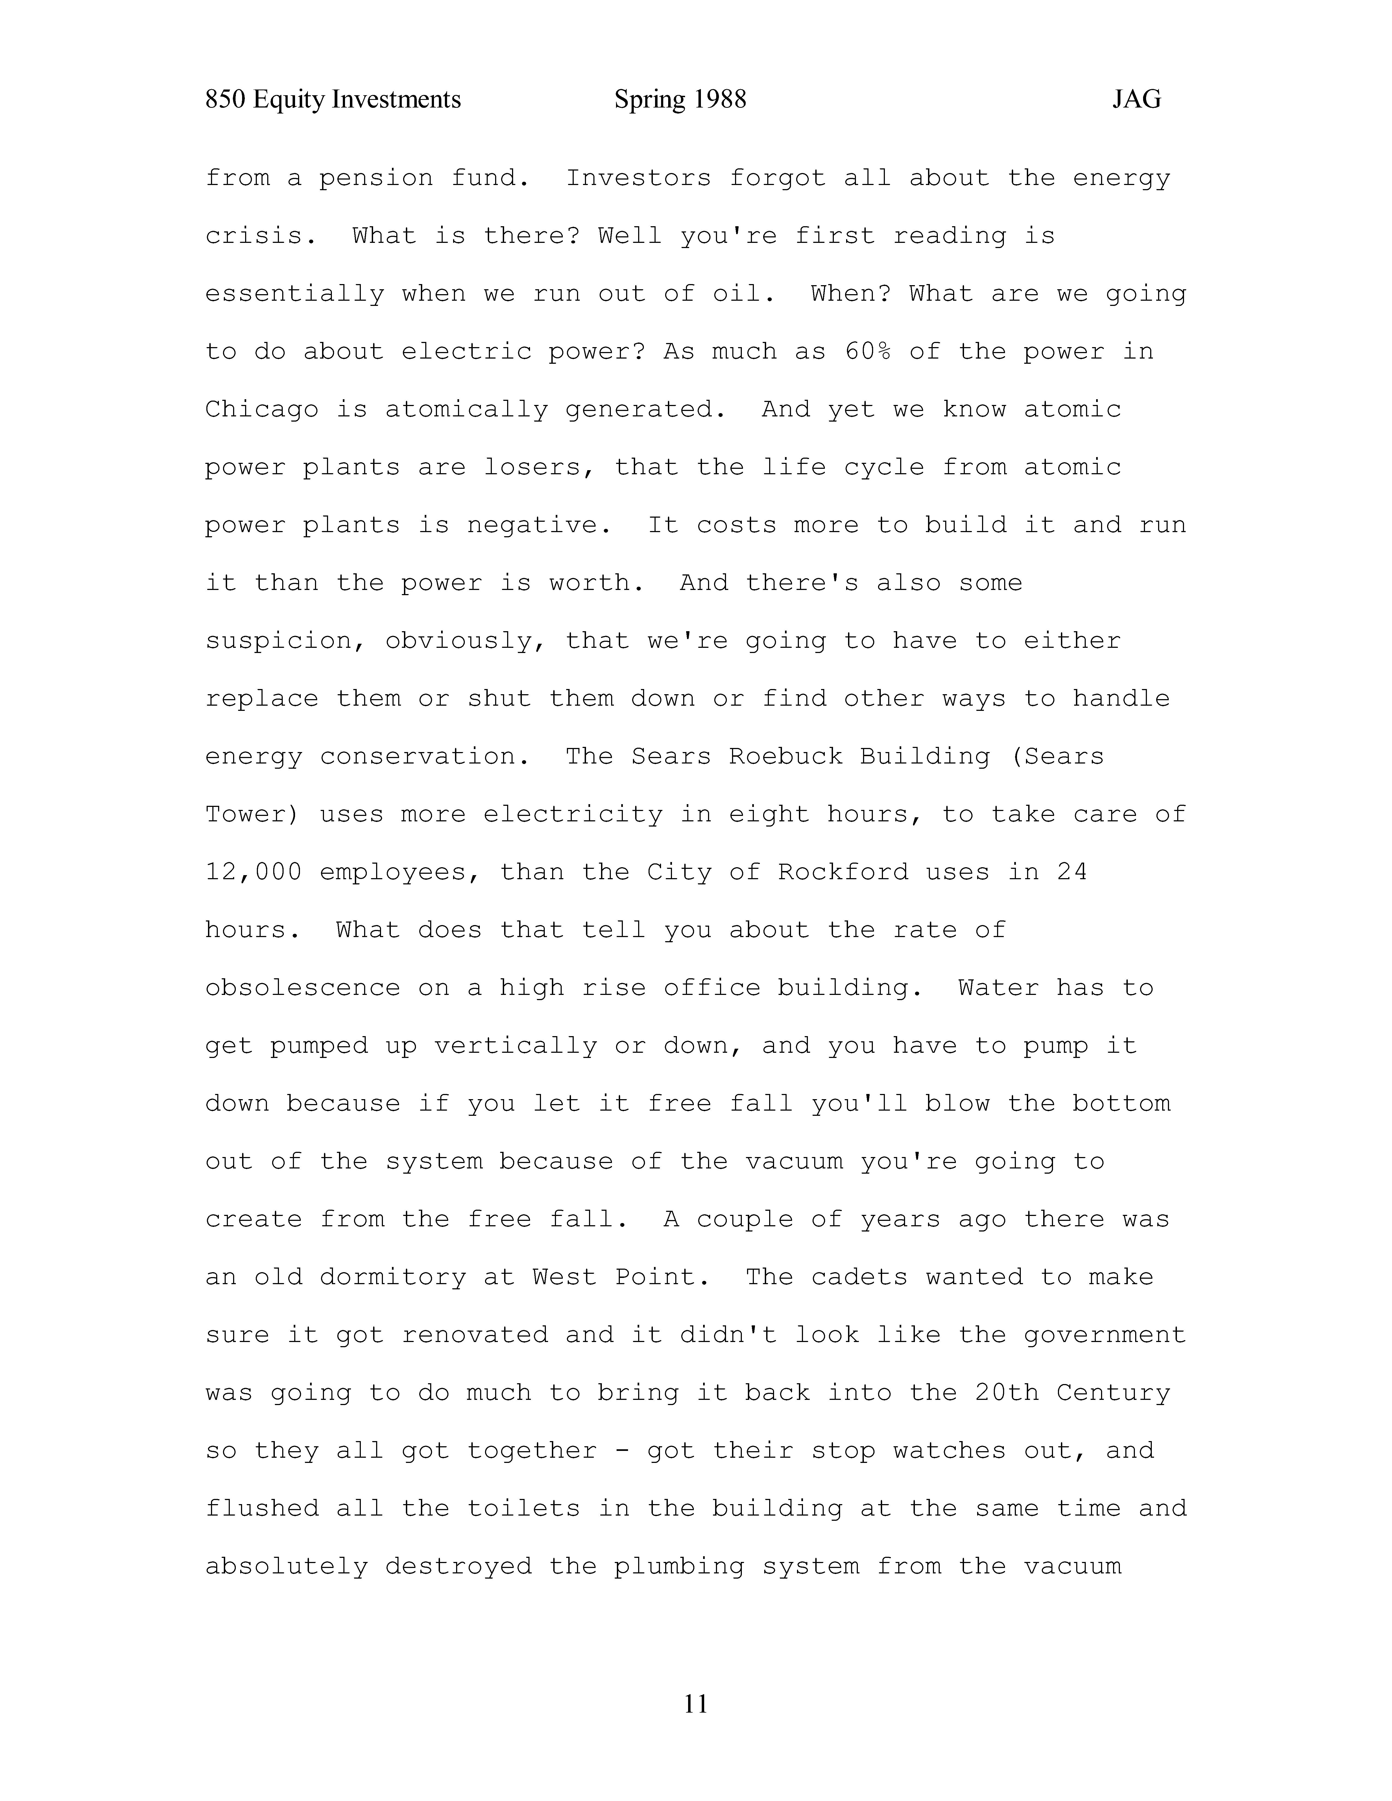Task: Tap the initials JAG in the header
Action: (x=1136, y=100)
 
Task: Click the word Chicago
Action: (x=261, y=410)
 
